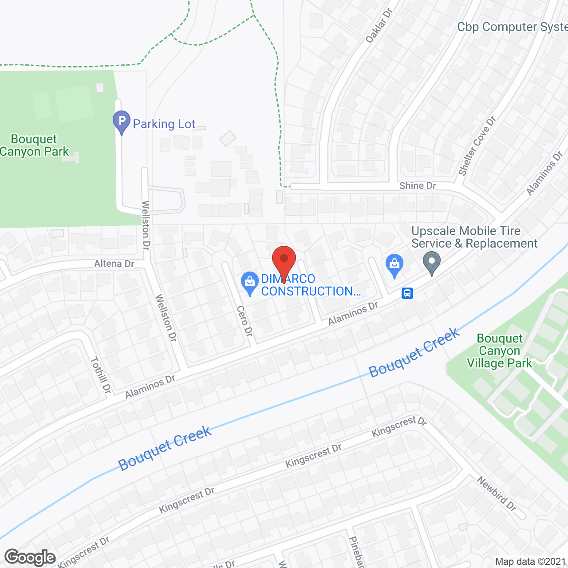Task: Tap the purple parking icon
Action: (121, 121)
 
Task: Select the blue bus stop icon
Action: (407, 293)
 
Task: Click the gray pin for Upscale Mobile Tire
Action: (431, 261)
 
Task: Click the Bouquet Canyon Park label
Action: (35, 146)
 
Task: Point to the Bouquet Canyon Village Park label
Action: (499, 351)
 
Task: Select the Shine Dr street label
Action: (418, 185)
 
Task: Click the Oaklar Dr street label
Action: (379, 26)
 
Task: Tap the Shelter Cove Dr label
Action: (477, 146)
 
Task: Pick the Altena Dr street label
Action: (114, 264)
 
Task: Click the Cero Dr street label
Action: (245, 321)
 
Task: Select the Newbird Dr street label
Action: (497, 493)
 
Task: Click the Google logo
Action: (30, 557)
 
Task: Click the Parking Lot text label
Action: (164, 124)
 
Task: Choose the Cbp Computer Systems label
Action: (512, 27)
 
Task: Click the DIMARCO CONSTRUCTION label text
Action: (311, 285)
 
